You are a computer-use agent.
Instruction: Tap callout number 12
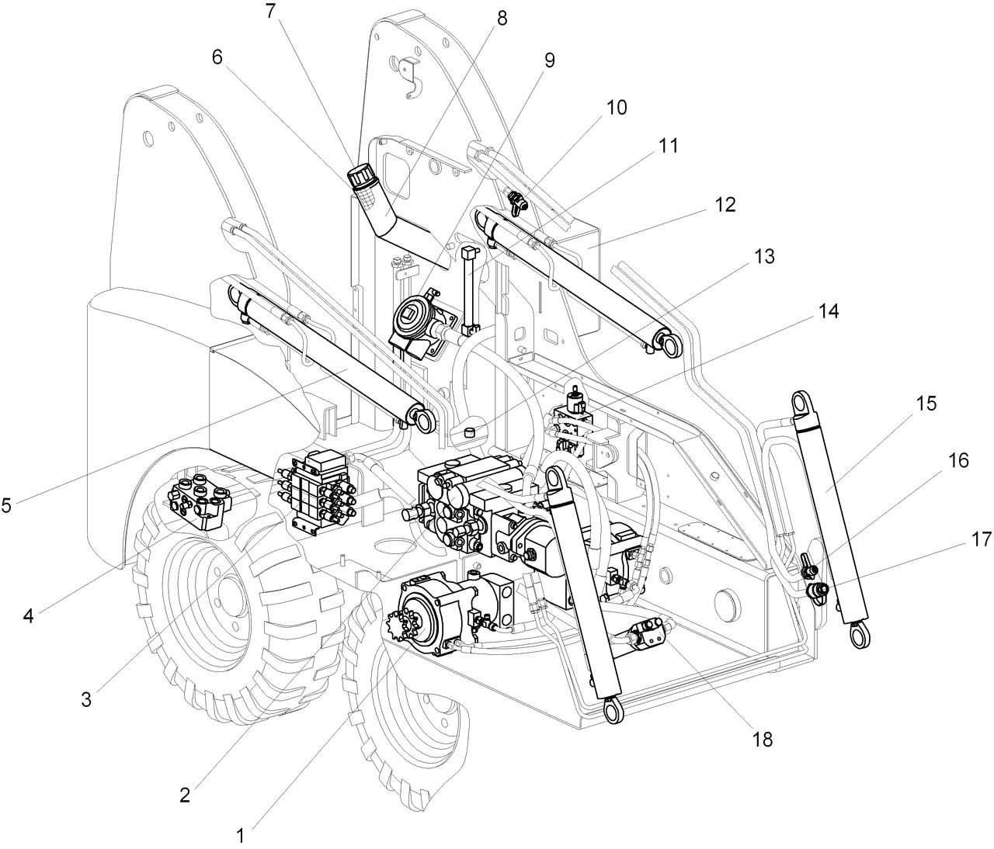pos(725,205)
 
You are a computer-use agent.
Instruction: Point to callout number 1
pos(241,835)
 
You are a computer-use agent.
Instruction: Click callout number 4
pos(29,616)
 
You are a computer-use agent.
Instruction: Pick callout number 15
pos(926,404)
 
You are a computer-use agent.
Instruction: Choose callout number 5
pos(6,505)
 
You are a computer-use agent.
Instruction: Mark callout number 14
pos(828,311)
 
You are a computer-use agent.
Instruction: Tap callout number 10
pos(616,107)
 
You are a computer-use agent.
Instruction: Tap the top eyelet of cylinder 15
pos(801,404)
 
